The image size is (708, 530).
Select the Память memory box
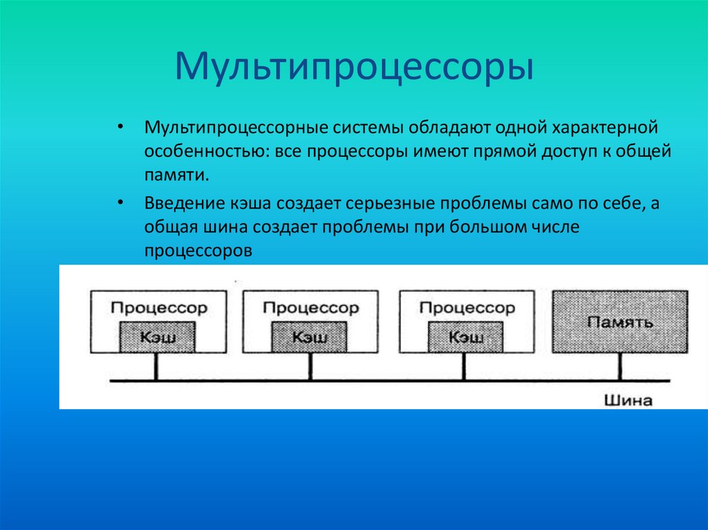tap(619, 321)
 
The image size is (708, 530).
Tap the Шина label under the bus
tap(628, 400)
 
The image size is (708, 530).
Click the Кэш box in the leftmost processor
tap(158, 337)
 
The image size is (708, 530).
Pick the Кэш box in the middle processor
tap(310, 337)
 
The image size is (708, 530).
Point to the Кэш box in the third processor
tap(466, 337)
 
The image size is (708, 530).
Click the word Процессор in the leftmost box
tap(158, 307)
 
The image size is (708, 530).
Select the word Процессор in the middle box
tap(310, 307)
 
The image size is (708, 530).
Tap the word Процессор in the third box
tap(467, 307)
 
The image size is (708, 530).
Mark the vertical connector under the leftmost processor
tap(156, 367)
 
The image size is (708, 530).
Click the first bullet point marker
tap(122, 128)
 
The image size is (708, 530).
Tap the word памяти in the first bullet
tap(176, 174)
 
